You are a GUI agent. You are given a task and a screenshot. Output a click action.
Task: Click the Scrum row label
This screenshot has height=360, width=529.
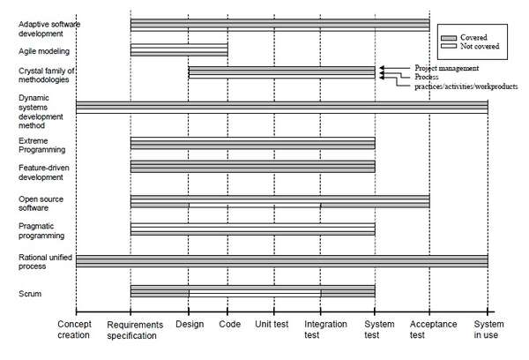point(30,294)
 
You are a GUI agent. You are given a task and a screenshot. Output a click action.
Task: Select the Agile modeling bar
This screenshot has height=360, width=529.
point(179,50)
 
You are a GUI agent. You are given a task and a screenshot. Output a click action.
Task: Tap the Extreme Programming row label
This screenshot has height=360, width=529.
point(41,146)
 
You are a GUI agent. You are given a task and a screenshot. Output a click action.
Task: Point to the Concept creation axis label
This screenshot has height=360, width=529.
point(74,330)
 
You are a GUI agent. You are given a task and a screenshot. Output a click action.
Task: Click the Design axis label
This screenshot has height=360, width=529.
point(190,324)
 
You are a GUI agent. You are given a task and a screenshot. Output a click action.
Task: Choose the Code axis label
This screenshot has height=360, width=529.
point(229,324)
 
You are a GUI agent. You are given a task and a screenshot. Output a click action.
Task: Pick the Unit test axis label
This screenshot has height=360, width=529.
point(272,324)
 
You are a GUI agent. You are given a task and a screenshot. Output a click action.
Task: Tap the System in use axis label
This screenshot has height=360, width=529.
point(488,330)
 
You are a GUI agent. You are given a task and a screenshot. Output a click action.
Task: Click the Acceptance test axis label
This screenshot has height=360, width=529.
point(433,330)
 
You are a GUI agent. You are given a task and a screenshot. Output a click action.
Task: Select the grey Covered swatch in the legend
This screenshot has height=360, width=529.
point(449,38)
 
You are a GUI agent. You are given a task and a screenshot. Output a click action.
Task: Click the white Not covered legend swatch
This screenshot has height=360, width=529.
point(449,46)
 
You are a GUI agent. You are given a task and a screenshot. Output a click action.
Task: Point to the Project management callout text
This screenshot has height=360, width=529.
point(447,68)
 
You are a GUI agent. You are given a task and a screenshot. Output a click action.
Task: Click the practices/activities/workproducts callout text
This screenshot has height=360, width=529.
point(466,86)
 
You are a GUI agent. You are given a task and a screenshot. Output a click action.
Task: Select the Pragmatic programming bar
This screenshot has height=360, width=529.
point(253,229)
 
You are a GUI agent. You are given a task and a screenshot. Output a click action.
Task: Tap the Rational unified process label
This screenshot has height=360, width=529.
point(45,262)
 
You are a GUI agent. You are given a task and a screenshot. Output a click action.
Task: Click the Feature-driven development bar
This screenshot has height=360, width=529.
point(253,167)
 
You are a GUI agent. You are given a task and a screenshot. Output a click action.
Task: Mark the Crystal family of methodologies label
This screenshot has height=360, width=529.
point(47,75)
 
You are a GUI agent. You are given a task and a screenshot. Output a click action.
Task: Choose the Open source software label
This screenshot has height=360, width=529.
point(41,203)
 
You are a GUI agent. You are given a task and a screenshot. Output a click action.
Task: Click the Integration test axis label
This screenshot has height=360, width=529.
point(325,330)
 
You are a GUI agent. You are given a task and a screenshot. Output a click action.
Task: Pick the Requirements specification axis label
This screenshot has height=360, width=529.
point(135,330)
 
